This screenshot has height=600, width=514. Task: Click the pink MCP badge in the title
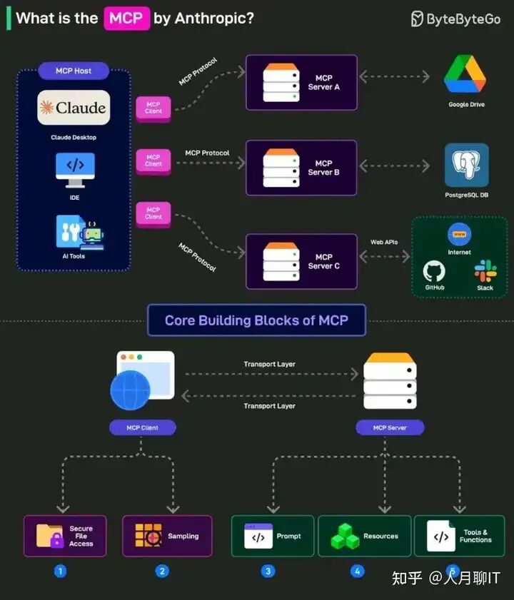tap(126, 19)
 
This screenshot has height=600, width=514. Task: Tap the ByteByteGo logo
tap(455, 19)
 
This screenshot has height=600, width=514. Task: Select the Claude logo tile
tap(74, 108)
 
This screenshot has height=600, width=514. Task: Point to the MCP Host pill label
tap(74, 71)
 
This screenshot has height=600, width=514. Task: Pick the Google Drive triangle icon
tap(465, 74)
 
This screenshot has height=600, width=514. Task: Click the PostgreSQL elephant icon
tap(466, 165)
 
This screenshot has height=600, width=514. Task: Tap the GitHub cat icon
tap(434, 271)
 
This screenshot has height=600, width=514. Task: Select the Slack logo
tap(485, 270)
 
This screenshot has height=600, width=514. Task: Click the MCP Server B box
tap(301, 168)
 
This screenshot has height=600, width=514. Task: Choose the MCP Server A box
tap(301, 82)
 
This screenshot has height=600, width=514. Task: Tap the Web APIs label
tap(384, 243)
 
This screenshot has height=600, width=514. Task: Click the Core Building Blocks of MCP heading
tap(256, 320)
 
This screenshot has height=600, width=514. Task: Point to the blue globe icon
tap(130, 390)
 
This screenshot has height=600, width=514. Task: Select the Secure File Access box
tap(65, 536)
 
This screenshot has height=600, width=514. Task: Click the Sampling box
tap(167, 536)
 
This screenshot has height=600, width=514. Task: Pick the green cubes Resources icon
tap(345, 536)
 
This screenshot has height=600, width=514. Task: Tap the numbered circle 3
tap(268, 571)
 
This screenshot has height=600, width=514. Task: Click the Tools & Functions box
tap(459, 536)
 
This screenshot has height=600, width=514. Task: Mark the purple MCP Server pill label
tap(390, 427)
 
